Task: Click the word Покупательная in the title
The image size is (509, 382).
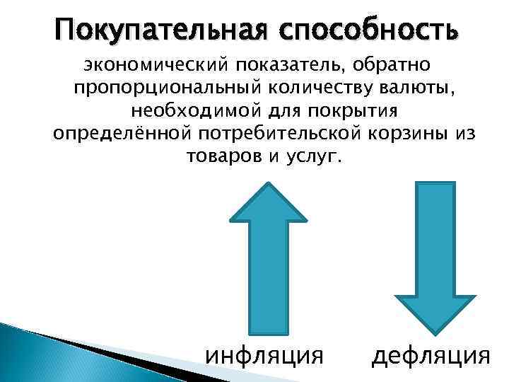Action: [x=152, y=30]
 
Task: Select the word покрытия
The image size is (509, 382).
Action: [x=357, y=111]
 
